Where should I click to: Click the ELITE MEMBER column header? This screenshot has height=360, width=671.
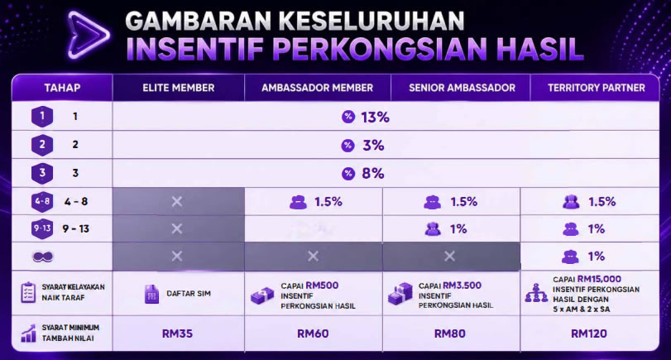pos(179,88)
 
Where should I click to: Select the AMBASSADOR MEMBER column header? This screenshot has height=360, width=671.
pos(317,88)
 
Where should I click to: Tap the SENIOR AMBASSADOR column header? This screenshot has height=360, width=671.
pos(462,88)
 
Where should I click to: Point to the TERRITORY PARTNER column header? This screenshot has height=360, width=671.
pos(596,88)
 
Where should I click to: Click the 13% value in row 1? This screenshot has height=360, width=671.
pos(376,117)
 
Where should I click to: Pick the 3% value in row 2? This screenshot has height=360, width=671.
pos(373,146)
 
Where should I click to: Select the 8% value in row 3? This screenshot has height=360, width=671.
pos(372,173)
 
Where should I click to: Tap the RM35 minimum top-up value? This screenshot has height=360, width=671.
pos(177,334)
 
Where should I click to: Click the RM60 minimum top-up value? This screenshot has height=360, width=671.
pos(313,334)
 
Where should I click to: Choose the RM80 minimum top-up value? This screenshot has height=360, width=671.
pos(449,334)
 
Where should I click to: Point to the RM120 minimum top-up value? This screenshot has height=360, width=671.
pos(589,334)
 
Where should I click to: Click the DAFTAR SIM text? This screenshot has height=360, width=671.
pos(189,294)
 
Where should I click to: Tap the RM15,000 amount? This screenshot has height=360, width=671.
pos(599,279)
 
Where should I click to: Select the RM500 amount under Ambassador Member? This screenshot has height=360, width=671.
pos(322,286)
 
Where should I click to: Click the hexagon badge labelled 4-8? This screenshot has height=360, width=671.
pos(42,201)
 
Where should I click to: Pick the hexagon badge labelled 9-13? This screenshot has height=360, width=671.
pos(42,228)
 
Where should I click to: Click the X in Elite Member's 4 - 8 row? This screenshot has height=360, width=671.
pos(177,201)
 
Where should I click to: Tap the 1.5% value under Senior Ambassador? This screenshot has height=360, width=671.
pos(463,202)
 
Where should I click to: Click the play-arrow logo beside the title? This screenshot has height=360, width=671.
pos(89,35)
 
